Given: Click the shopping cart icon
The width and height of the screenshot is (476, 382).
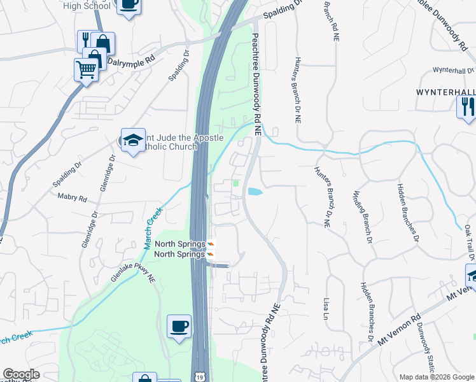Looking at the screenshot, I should click(x=85, y=69).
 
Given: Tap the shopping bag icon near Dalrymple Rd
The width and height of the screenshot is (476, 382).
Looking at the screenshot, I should click(x=102, y=43).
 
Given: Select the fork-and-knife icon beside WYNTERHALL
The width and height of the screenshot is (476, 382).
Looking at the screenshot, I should click(x=466, y=106).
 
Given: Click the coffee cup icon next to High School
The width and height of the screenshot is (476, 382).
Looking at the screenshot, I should click(x=129, y=4).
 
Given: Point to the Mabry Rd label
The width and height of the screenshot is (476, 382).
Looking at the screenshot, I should click(x=72, y=198).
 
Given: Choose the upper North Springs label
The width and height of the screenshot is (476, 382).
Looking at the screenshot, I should click(x=180, y=244).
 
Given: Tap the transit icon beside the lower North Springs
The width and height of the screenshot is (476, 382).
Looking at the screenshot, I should click(x=211, y=254).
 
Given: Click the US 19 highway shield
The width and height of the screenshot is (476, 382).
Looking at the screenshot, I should click(x=200, y=377).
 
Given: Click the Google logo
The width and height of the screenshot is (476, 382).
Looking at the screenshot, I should click(x=21, y=374).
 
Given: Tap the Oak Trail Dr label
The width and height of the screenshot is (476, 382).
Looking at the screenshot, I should click(x=468, y=239).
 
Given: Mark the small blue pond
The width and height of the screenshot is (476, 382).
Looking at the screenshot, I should click(x=254, y=191).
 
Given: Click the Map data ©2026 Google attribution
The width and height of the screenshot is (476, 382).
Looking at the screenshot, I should click(x=436, y=377).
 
